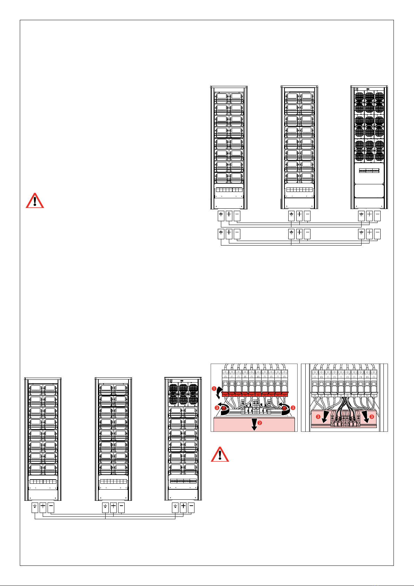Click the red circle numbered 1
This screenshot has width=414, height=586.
point(215,388)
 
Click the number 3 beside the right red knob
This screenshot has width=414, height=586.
point(293,407)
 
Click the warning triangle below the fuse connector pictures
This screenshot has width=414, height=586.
point(220,454)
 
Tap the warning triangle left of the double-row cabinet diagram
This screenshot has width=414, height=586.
point(35,200)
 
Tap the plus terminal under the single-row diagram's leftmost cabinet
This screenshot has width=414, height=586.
point(43,508)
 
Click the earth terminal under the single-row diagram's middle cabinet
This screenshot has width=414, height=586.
point(105,508)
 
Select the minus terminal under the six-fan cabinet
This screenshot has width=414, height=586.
point(191,508)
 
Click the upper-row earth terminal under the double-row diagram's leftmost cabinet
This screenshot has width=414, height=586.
point(221,216)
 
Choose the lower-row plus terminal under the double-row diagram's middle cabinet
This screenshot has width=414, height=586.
point(299,234)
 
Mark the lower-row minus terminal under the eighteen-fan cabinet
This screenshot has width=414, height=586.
point(377,234)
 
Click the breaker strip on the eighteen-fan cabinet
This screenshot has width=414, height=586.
point(369,171)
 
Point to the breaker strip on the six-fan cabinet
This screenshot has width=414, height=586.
point(183,482)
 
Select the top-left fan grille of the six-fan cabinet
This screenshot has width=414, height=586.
point(173,388)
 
